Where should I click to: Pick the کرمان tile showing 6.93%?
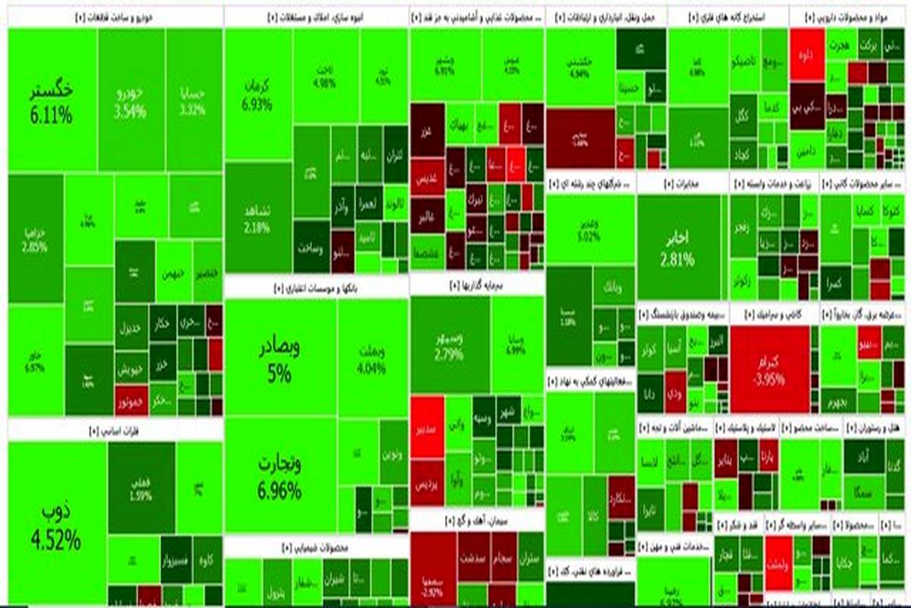coord(258,95)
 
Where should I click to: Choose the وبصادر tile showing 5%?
coord(280,357)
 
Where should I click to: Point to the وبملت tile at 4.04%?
coord(371,357)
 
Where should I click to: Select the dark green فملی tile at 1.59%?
coord(140,486)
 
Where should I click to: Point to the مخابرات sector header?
coord(681,184)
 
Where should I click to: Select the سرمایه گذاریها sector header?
coord(476,287)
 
